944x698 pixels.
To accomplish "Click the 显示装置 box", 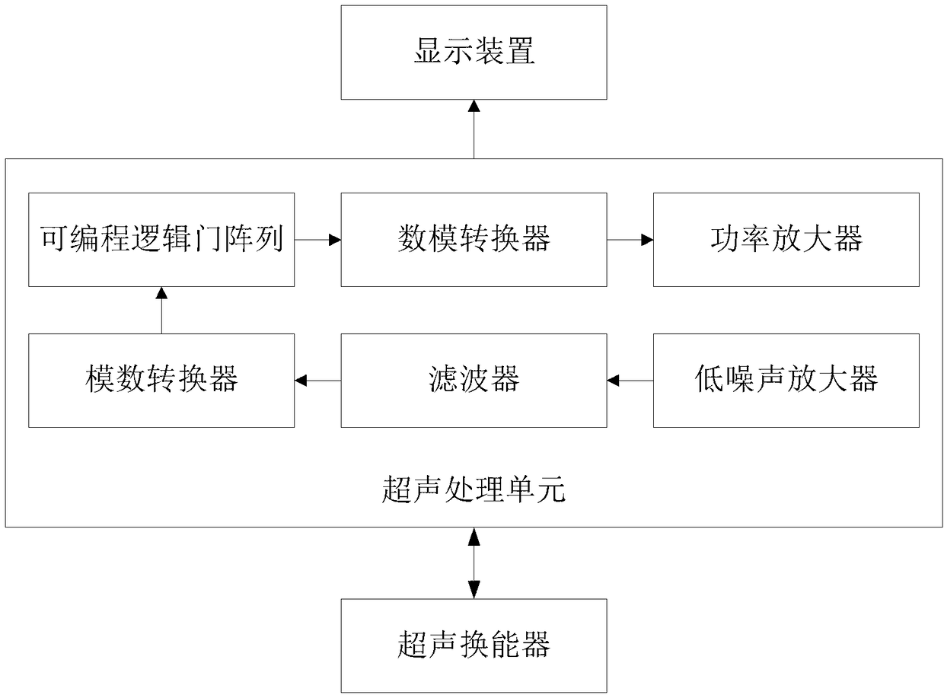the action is tap(474, 53).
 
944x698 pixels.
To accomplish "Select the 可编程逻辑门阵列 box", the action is tap(161, 240).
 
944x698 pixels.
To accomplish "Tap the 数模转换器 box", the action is tap(474, 240).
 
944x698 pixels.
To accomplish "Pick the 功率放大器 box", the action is tap(786, 240).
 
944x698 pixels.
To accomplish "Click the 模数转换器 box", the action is tap(161, 381).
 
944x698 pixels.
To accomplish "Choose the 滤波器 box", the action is tap(474, 381).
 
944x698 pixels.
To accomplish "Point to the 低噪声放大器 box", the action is tap(786, 381).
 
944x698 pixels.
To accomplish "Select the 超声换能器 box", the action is tap(474, 645).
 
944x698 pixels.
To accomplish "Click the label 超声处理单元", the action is tap(474, 489).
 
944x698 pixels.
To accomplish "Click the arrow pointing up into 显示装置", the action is tap(474, 129).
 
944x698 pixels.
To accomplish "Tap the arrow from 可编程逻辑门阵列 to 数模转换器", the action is tap(317, 240).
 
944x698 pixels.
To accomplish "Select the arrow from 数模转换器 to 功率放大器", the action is tap(630, 240).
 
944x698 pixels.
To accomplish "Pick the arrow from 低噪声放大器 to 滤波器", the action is tap(630, 381).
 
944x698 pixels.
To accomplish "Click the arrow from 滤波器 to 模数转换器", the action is tap(317, 381).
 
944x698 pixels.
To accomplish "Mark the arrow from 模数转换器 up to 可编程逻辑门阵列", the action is tap(161, 310).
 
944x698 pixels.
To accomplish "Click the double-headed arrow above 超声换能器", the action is tap(474, 563).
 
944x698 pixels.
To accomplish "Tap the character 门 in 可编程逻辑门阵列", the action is tap(207, 239).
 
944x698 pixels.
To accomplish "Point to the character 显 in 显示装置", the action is tap(428, 51).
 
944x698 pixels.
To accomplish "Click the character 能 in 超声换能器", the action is tap(505, 645).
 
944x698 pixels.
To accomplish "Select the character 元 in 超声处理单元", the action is tap(551, 489).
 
